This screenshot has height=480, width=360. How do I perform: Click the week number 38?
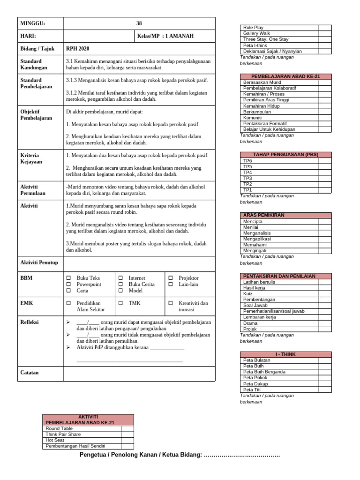coord(139,23)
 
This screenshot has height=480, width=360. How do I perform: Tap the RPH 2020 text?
coord(78,49)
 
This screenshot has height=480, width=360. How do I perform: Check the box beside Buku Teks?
coord(69,278)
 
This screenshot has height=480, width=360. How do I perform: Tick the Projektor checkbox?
coord(171,278)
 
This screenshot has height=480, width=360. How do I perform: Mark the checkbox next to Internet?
coord(120,278)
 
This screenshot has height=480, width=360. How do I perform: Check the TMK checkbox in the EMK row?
coord(120,303)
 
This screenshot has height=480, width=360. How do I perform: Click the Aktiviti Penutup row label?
coord(39,262)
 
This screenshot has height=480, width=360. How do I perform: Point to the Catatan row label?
coord(30,373)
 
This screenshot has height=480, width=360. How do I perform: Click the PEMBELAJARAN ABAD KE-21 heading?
coord(285,76)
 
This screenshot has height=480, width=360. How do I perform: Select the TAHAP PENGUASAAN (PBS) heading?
coord(285,155)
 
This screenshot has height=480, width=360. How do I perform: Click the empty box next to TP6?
coord(325,161)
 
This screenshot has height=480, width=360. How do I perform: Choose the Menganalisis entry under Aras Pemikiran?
coord(257,233)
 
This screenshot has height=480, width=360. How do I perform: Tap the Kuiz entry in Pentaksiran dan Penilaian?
coord(248,294)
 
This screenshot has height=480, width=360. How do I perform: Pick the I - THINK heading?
coord(285,354)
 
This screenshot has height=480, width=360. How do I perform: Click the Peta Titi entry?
coord(252,390)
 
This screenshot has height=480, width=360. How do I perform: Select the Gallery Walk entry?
coord(256,34)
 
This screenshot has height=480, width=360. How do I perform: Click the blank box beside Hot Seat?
coord(127,440)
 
